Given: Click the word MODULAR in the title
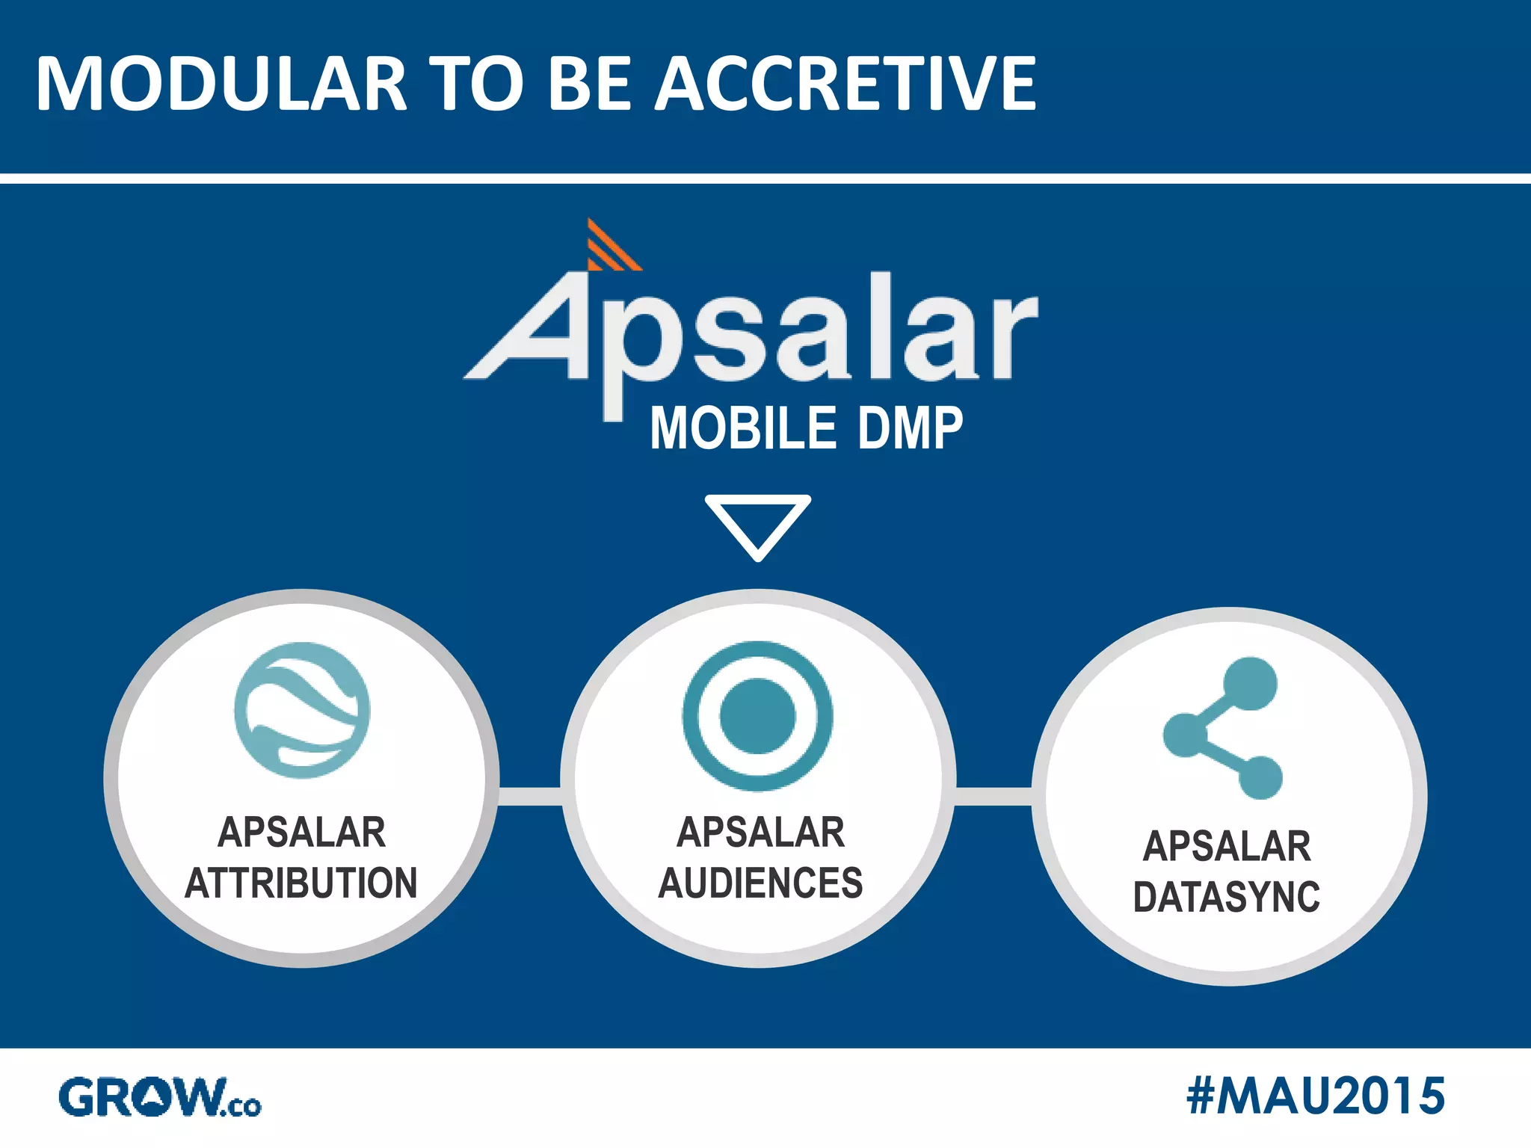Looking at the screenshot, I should point(221,84).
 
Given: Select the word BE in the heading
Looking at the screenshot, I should point(594,84).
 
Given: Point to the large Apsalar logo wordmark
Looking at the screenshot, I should point(751,336).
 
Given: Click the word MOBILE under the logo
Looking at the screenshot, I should point(743,428).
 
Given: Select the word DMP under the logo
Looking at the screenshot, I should point(910,428).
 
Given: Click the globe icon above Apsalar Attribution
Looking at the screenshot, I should point(302,709).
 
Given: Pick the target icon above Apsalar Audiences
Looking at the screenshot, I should point(757,715).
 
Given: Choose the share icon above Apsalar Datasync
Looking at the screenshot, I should point(1224,729).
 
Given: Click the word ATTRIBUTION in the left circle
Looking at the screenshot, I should point(301,883).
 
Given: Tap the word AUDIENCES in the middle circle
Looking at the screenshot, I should point(760,883).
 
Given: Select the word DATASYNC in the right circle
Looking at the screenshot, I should point(1227,897).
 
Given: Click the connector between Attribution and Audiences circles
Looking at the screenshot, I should point(529,797).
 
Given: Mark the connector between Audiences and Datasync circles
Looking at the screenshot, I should point(994,797).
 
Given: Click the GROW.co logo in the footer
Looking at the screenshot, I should point(160,1097).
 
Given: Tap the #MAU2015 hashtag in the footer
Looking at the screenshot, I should point(1315,1096).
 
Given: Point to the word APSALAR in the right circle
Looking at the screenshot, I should point(1227,846).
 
